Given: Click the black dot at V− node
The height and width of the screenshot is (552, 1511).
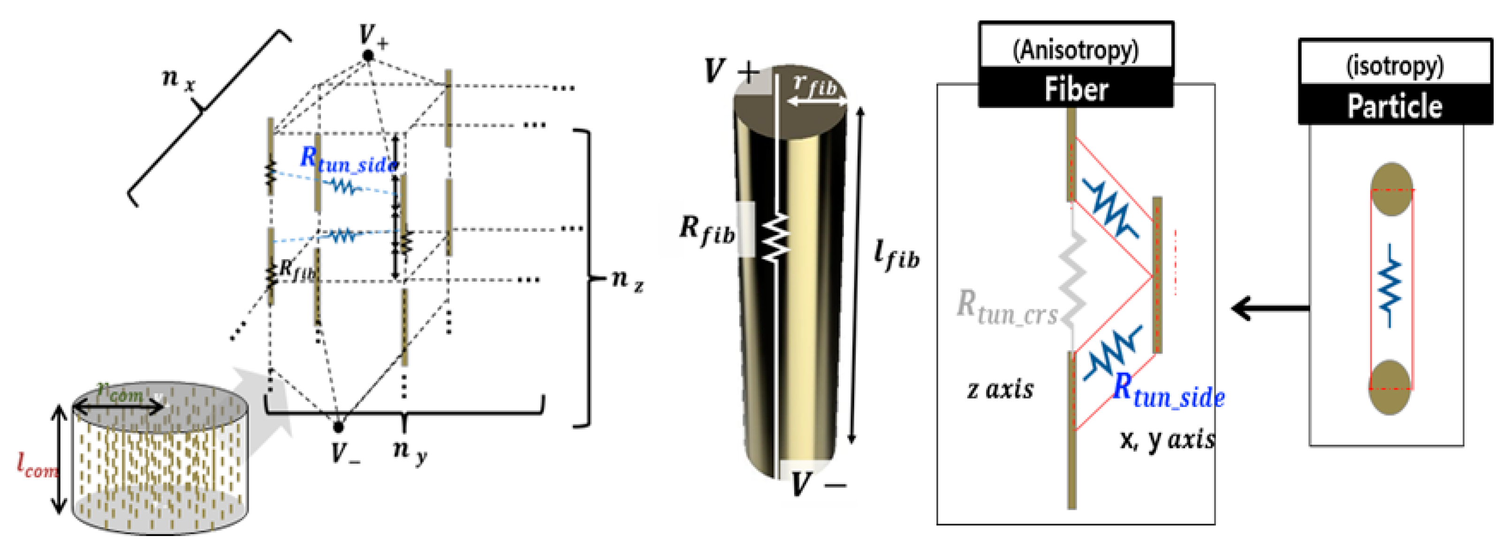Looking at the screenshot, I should tap(338, 427).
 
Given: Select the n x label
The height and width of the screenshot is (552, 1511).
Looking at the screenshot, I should tap(178, 79).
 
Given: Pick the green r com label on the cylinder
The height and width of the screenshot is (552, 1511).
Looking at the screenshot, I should tap(120, 392).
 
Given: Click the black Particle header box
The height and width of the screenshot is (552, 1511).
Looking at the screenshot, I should tap(1395, 106).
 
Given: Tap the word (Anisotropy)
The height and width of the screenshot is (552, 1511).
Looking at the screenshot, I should tap(1076, 50).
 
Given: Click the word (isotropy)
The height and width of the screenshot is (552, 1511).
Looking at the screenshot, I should tap(1395, 66).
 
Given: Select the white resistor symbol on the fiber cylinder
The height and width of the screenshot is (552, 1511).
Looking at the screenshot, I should tap(775, 238).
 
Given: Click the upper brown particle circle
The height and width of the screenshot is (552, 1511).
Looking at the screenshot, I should tap(1391, 189).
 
